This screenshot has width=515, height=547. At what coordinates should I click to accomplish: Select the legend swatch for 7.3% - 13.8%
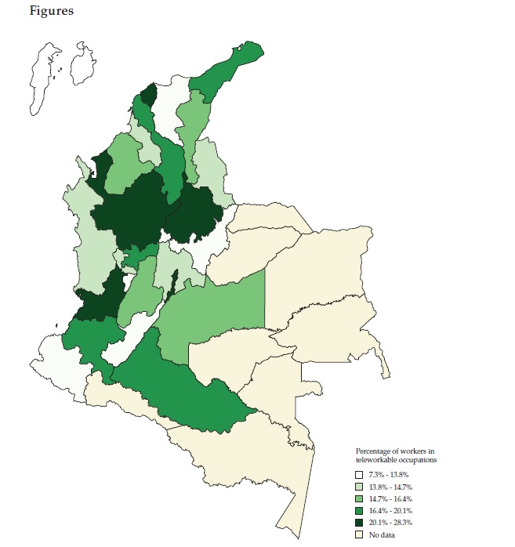click(360, 475)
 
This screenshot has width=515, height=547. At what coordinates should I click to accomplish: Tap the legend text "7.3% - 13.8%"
click(390, 475)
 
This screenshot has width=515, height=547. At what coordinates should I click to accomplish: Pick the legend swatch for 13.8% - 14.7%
click(360, 487)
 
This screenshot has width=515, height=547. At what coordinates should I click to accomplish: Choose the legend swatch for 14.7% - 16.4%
click(360, 498)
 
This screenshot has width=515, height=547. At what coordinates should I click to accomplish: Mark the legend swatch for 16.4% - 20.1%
click(360, 510)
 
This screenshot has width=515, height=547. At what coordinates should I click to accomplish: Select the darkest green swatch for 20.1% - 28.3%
click(360, 522)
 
